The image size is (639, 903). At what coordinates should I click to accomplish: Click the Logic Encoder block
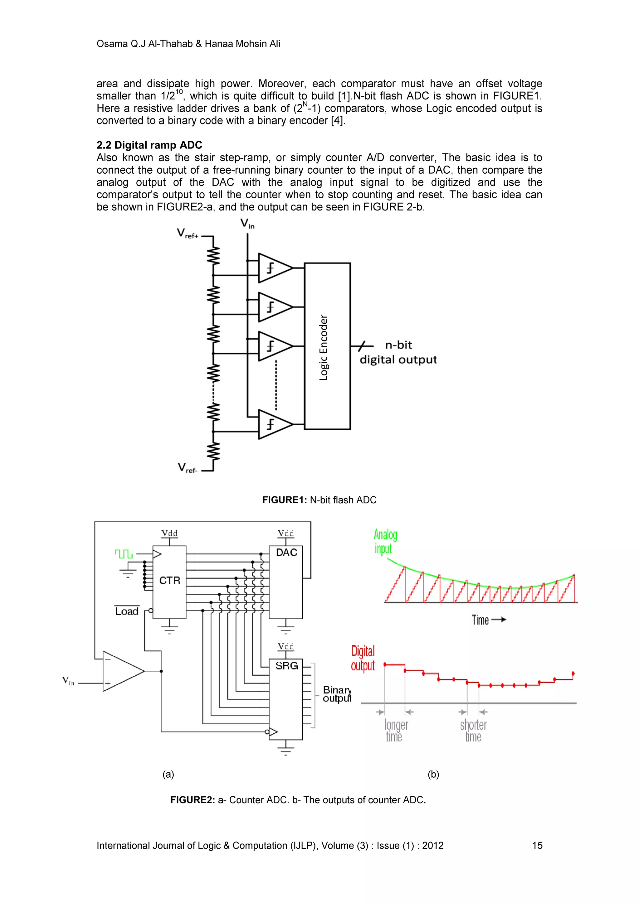point(327,346)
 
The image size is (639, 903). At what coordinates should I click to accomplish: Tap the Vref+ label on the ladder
point(188,234)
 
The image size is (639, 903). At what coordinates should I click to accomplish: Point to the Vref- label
point(188,468)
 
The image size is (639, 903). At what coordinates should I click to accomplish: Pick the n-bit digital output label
point(398,352)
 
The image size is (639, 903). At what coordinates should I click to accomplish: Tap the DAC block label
point(286,553)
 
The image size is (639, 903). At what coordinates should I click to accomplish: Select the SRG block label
point(286,666)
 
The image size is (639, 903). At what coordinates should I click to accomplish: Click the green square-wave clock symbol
point(124,554)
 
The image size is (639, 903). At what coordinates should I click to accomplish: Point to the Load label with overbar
point(127,611)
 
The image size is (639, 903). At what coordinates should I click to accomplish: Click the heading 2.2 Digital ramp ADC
point(149,145)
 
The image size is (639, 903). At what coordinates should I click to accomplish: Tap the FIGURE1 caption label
point(284,500)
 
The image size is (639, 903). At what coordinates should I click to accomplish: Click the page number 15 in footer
point(537,846)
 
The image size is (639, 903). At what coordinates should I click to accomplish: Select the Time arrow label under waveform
point(488,620)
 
